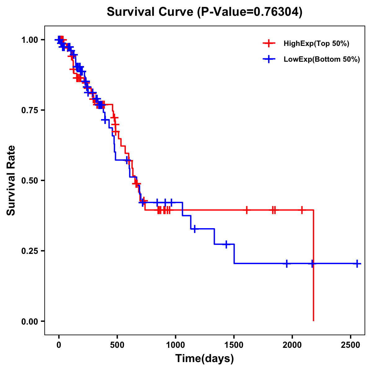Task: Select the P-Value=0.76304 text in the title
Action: click(x=250, y=12)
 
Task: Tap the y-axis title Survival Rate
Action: click(x=11, y=180)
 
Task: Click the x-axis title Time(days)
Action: click(x=205, y=359)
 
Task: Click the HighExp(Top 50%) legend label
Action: click(x=316, y=44)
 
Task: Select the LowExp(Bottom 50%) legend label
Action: click(x=322, y=60)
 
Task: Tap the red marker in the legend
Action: click(x=269, y=43)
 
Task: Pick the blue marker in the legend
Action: click(x=269, y=59)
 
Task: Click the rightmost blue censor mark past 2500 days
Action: click(x=357, y=263)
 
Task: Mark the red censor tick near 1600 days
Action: click(x=246, y=210)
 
